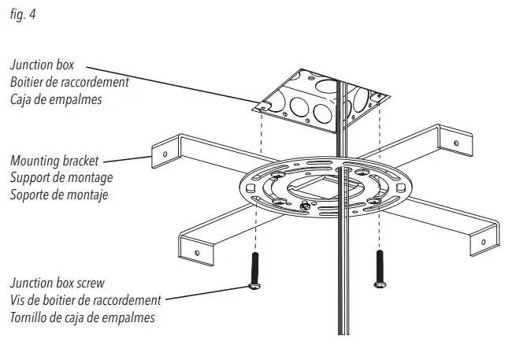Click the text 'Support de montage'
point(61,177)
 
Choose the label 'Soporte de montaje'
point(59,194)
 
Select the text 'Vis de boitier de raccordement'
point(85,300)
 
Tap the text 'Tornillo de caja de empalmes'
point(82,317)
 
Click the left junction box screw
point(254,271)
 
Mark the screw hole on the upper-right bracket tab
point(455,143)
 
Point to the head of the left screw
point(254,288)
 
